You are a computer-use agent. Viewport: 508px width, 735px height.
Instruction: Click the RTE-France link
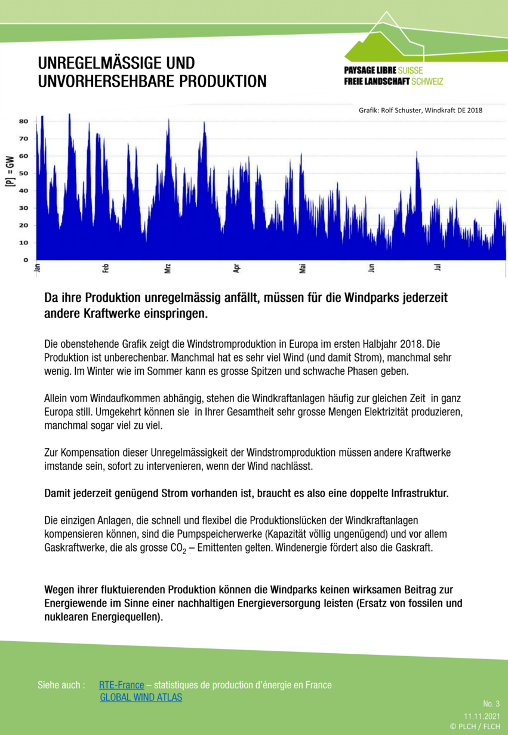pyautogui.click(x=122, y=685)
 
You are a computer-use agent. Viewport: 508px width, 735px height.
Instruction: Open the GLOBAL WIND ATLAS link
pyautogui.click(x=141, y=697)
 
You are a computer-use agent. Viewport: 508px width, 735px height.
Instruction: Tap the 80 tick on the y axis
pyautogui.click(x=24, y=121)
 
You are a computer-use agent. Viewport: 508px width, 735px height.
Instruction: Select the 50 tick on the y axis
pyautogui.click(x=24, y=173)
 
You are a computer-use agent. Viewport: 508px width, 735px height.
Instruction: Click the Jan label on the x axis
pyautogui.click(x=37, y=268)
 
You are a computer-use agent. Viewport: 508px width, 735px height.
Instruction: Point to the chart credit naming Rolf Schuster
pyautogui.click(x=420, y=110)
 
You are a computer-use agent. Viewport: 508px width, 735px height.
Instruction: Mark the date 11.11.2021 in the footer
pyautogui.click(x=482, y=715)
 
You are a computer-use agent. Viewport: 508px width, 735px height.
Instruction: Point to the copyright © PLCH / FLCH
pyautogui.click(x=475, y=726)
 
